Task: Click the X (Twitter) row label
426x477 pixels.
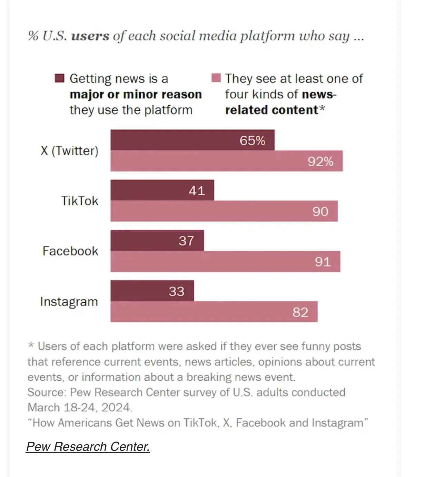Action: [x=69, y=151]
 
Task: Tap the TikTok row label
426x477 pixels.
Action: [x=79, y=201]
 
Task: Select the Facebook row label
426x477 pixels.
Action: [x=70, y=251]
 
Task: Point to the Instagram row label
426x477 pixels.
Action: [x=69, y=302]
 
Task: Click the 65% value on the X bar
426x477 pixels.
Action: [x=252, y=140]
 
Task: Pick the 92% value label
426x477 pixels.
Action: [x=320, y=162]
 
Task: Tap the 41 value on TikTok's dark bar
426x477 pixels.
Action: [x=197, y=191]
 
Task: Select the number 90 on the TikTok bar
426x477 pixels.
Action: [x=320, y=212]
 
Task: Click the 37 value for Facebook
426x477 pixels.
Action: [x=186, y=241]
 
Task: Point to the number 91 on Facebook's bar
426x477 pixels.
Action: [x=323, y=262]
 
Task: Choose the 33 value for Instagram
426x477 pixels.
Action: [x=176, y=291]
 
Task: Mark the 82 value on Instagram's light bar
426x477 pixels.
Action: [x=300, y=312]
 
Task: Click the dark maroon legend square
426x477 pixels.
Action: [x=60, y=78]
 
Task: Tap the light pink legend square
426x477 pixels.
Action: [x=216, y=78]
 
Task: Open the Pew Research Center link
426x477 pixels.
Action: [x=88, y=447]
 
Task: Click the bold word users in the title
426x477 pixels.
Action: [x=90, y=36]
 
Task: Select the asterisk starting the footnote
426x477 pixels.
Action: [x=31, y=345]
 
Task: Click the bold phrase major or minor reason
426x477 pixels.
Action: [x=136, y=94]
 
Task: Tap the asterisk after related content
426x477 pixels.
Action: [x=321, y=109]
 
